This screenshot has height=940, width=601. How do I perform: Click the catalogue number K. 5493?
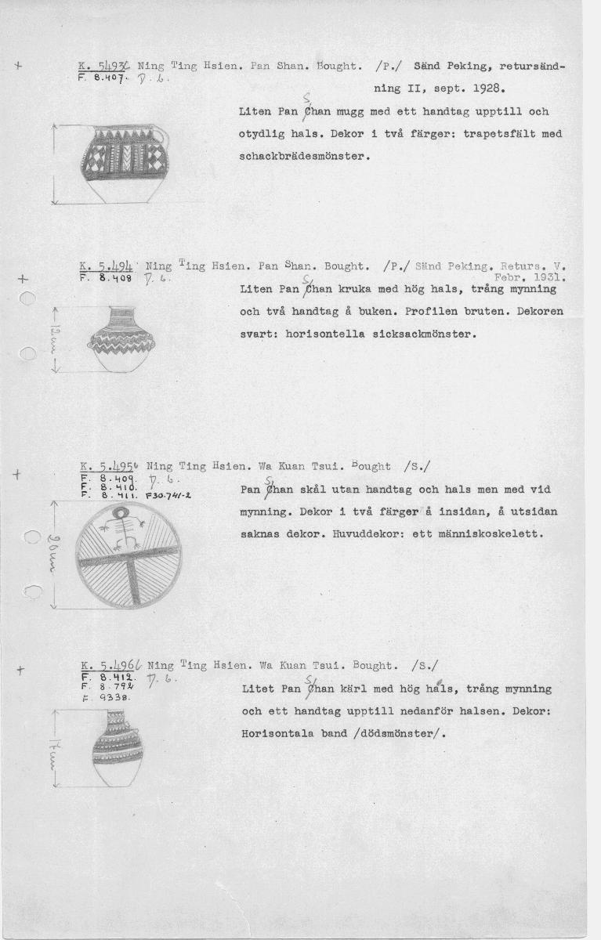pyautogui.click(x=106, y=67)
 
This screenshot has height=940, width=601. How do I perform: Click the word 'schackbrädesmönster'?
pyautogui.click(x=303, y=156)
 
